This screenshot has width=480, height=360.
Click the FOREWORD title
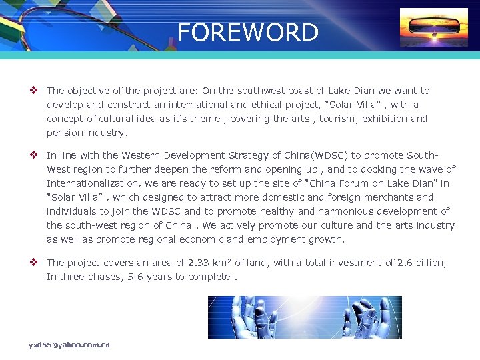[x=248, y=32]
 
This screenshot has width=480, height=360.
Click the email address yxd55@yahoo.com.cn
[x=69, y=345]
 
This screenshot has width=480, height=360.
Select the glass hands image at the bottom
[x=305, y=317]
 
